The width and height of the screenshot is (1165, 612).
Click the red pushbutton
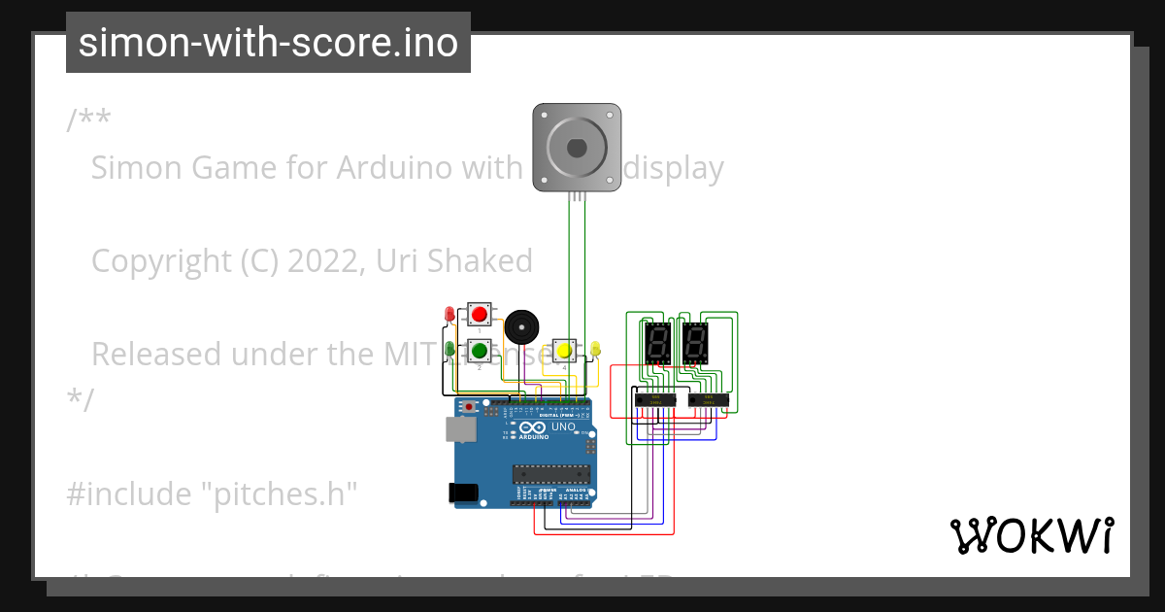click(479, 314)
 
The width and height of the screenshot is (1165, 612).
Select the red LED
click(449, 315)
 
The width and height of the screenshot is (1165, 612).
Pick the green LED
click(449, 348)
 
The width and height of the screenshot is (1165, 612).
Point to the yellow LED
click(596, 348)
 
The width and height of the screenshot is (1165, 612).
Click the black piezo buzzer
click(520, 326)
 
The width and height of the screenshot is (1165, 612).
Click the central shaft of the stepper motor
click(577, 148)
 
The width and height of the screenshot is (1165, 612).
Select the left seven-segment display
click(657, 341)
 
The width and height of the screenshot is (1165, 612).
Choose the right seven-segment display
click(694, 341)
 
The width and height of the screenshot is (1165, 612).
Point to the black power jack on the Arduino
click(464, 493)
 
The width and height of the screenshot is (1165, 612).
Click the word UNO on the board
click(563, 427)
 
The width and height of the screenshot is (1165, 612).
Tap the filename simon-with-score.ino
click(268, 43)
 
